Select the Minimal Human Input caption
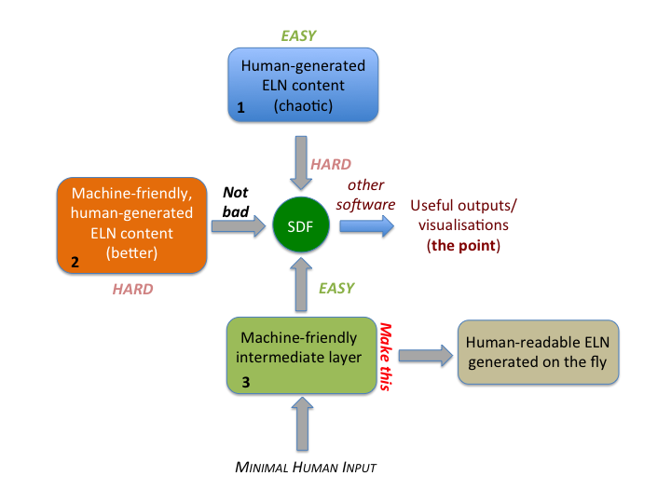(305, 466)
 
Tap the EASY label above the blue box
(298, 36)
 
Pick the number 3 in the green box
(246, 382)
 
